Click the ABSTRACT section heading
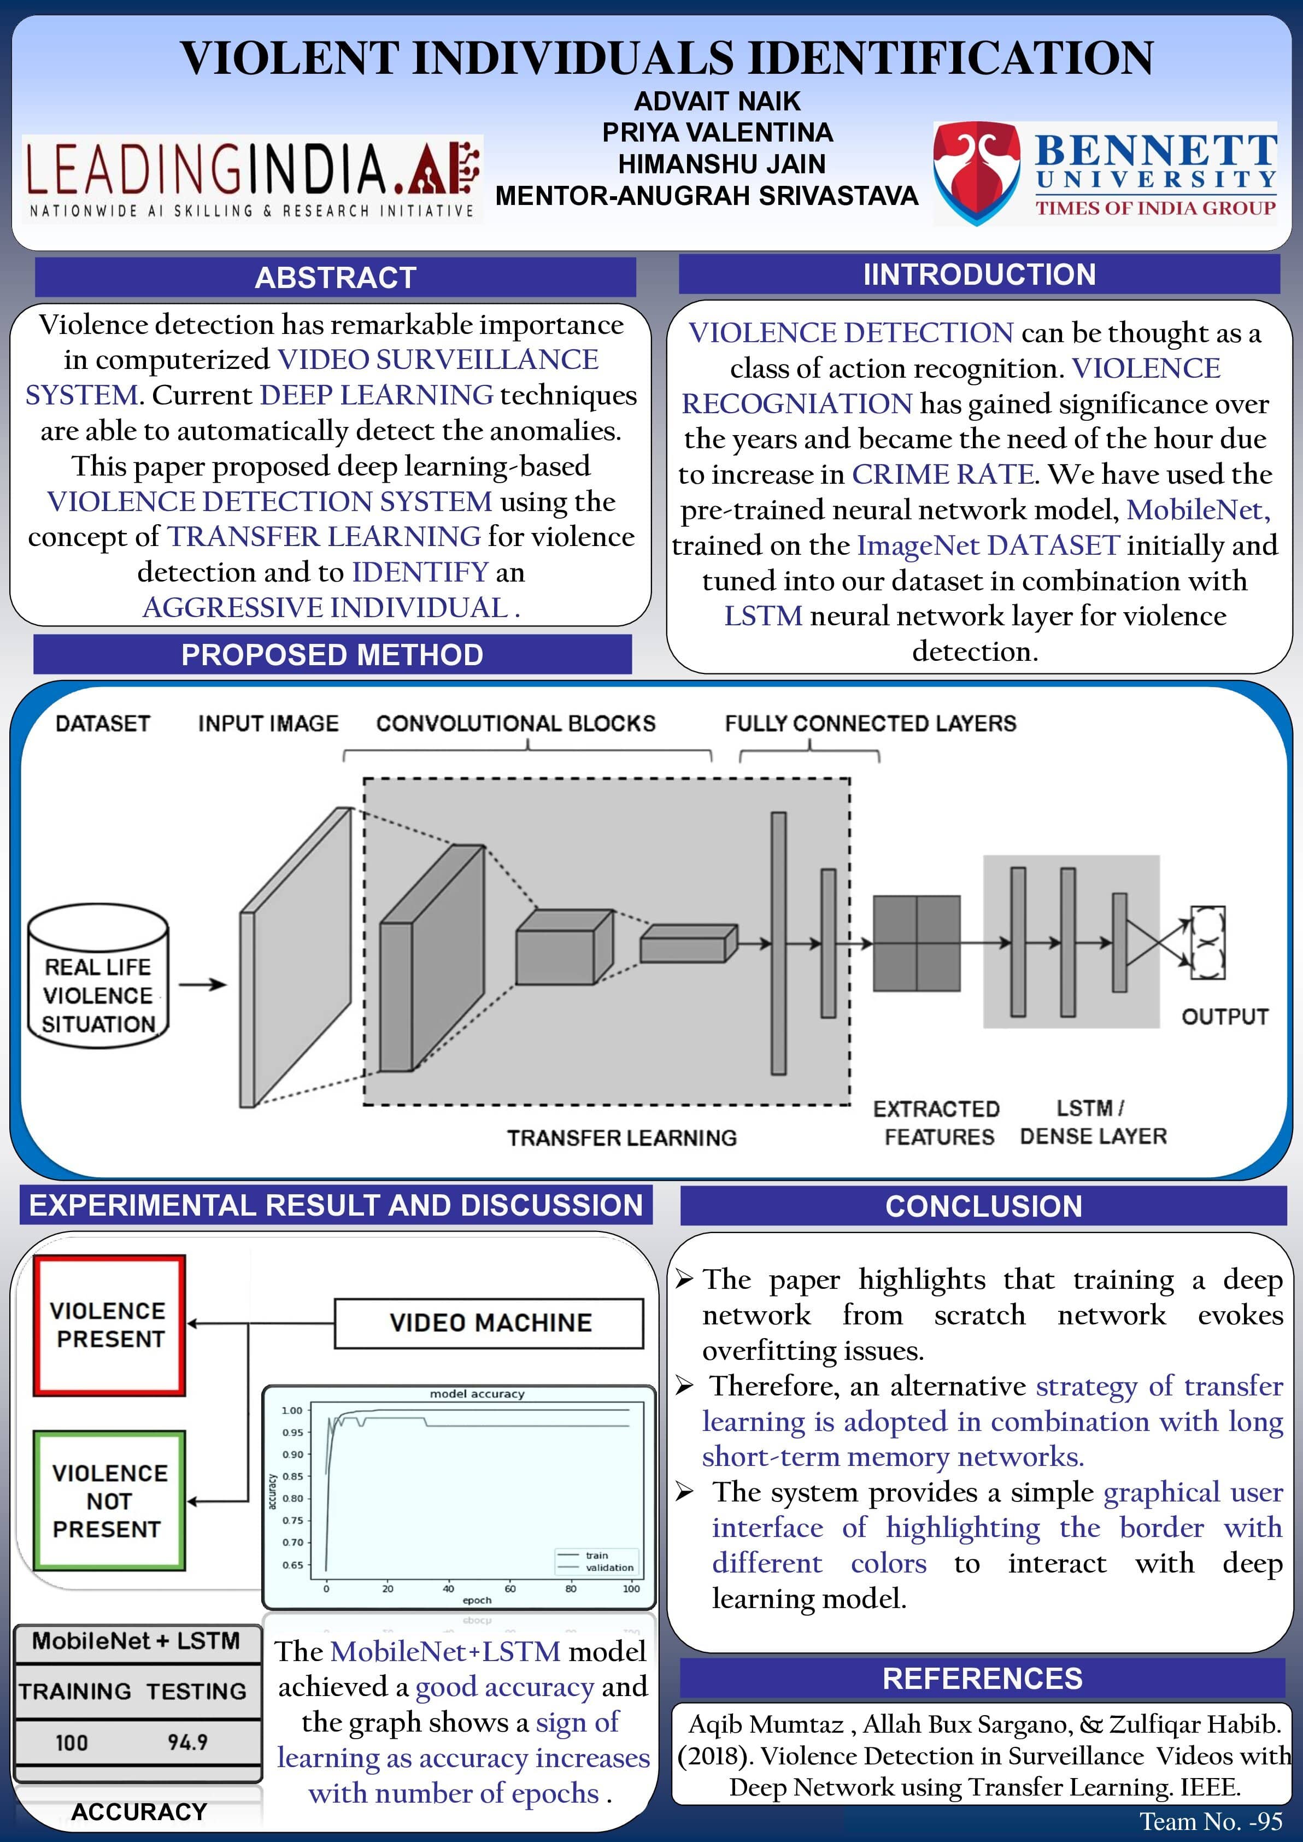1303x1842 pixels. (336, 278)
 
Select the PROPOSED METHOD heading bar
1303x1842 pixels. (332, 655)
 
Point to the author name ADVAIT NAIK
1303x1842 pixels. (717, 101)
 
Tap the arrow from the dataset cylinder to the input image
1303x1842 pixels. (202, 984)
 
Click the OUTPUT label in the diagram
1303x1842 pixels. (1224, 1017)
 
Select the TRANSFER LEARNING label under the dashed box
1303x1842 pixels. (622, 1137)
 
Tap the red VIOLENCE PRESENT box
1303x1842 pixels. (109, 1325)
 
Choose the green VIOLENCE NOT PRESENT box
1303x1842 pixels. (109, 1500)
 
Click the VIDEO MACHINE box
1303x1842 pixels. (489, 1323)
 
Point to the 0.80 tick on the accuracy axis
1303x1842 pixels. (292, 1498)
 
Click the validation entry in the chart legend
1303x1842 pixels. (608, 1567)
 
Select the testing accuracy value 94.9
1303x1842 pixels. (188, 1743)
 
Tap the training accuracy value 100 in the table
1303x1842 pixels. (72, 1743)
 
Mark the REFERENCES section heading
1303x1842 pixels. (982, 1679)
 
